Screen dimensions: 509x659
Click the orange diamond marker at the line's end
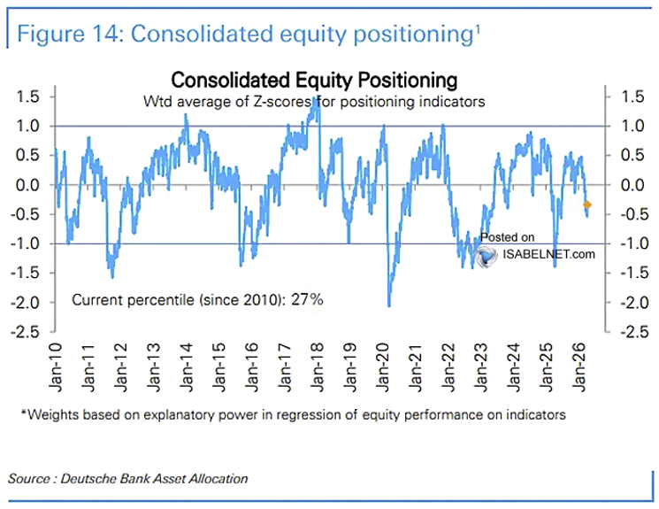point(587,205)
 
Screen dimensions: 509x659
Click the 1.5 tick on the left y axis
point(29,96)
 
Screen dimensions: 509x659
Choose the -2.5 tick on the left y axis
point(27,332)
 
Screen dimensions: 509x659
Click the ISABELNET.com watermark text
point(548,255)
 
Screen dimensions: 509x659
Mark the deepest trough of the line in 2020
point(389,305)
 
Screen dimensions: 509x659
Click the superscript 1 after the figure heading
point(478,27)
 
